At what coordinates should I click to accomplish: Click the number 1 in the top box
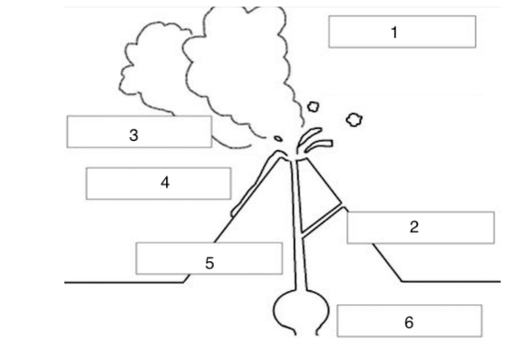tap(394, 33)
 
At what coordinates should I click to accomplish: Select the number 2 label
tap(413, 227)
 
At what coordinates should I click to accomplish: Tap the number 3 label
tap(133, 135)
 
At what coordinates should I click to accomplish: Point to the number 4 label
tap(165, 183)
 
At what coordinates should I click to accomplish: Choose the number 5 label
tap(210, 263)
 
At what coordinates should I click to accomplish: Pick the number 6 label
tap(409, 322)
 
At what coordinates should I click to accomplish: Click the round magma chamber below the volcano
tap(301, 312)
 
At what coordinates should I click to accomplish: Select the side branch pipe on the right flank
tap(322, 219)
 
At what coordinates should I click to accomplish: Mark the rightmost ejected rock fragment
tap(355, 119)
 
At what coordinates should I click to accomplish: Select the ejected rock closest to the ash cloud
tap(314, 106)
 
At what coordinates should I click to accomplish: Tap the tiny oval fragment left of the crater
tap(278, 139)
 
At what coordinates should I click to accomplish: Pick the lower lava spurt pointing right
tap(319, 145)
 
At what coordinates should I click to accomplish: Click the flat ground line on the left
tap(124, 282)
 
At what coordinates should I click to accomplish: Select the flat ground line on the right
tap(451, 282)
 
